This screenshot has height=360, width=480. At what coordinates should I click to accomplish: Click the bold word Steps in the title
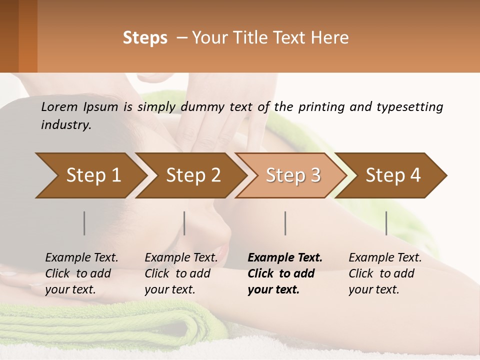click(x=145, y=38)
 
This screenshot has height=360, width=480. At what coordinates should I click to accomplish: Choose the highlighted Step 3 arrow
click(x=293, y=175)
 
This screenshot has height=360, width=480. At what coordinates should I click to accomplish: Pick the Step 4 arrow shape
click(x=393, y=175)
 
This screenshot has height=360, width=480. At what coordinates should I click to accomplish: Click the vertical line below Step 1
click(x=84, y=223)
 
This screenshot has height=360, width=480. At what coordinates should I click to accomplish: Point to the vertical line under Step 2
click(x=184, y=223)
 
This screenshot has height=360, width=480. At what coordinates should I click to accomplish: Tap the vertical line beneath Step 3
click(x=285, y=223)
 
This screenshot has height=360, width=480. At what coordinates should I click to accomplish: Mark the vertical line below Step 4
click(x=386, y=223)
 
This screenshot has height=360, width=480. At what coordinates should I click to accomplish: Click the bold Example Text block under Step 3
click(x=285, y=273)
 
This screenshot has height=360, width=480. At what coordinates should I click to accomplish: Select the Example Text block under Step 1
click(x=81, y=273)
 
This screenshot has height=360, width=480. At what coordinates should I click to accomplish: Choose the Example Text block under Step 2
click(x=181, y=273)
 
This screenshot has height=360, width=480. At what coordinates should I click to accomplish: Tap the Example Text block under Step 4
click(x=385, y=273)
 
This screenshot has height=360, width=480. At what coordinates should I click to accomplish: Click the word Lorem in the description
click(x=59, y=106)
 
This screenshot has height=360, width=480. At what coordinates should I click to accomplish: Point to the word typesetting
click(x=409, y=107)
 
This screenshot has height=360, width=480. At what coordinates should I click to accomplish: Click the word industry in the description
click(x=65, y=125)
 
